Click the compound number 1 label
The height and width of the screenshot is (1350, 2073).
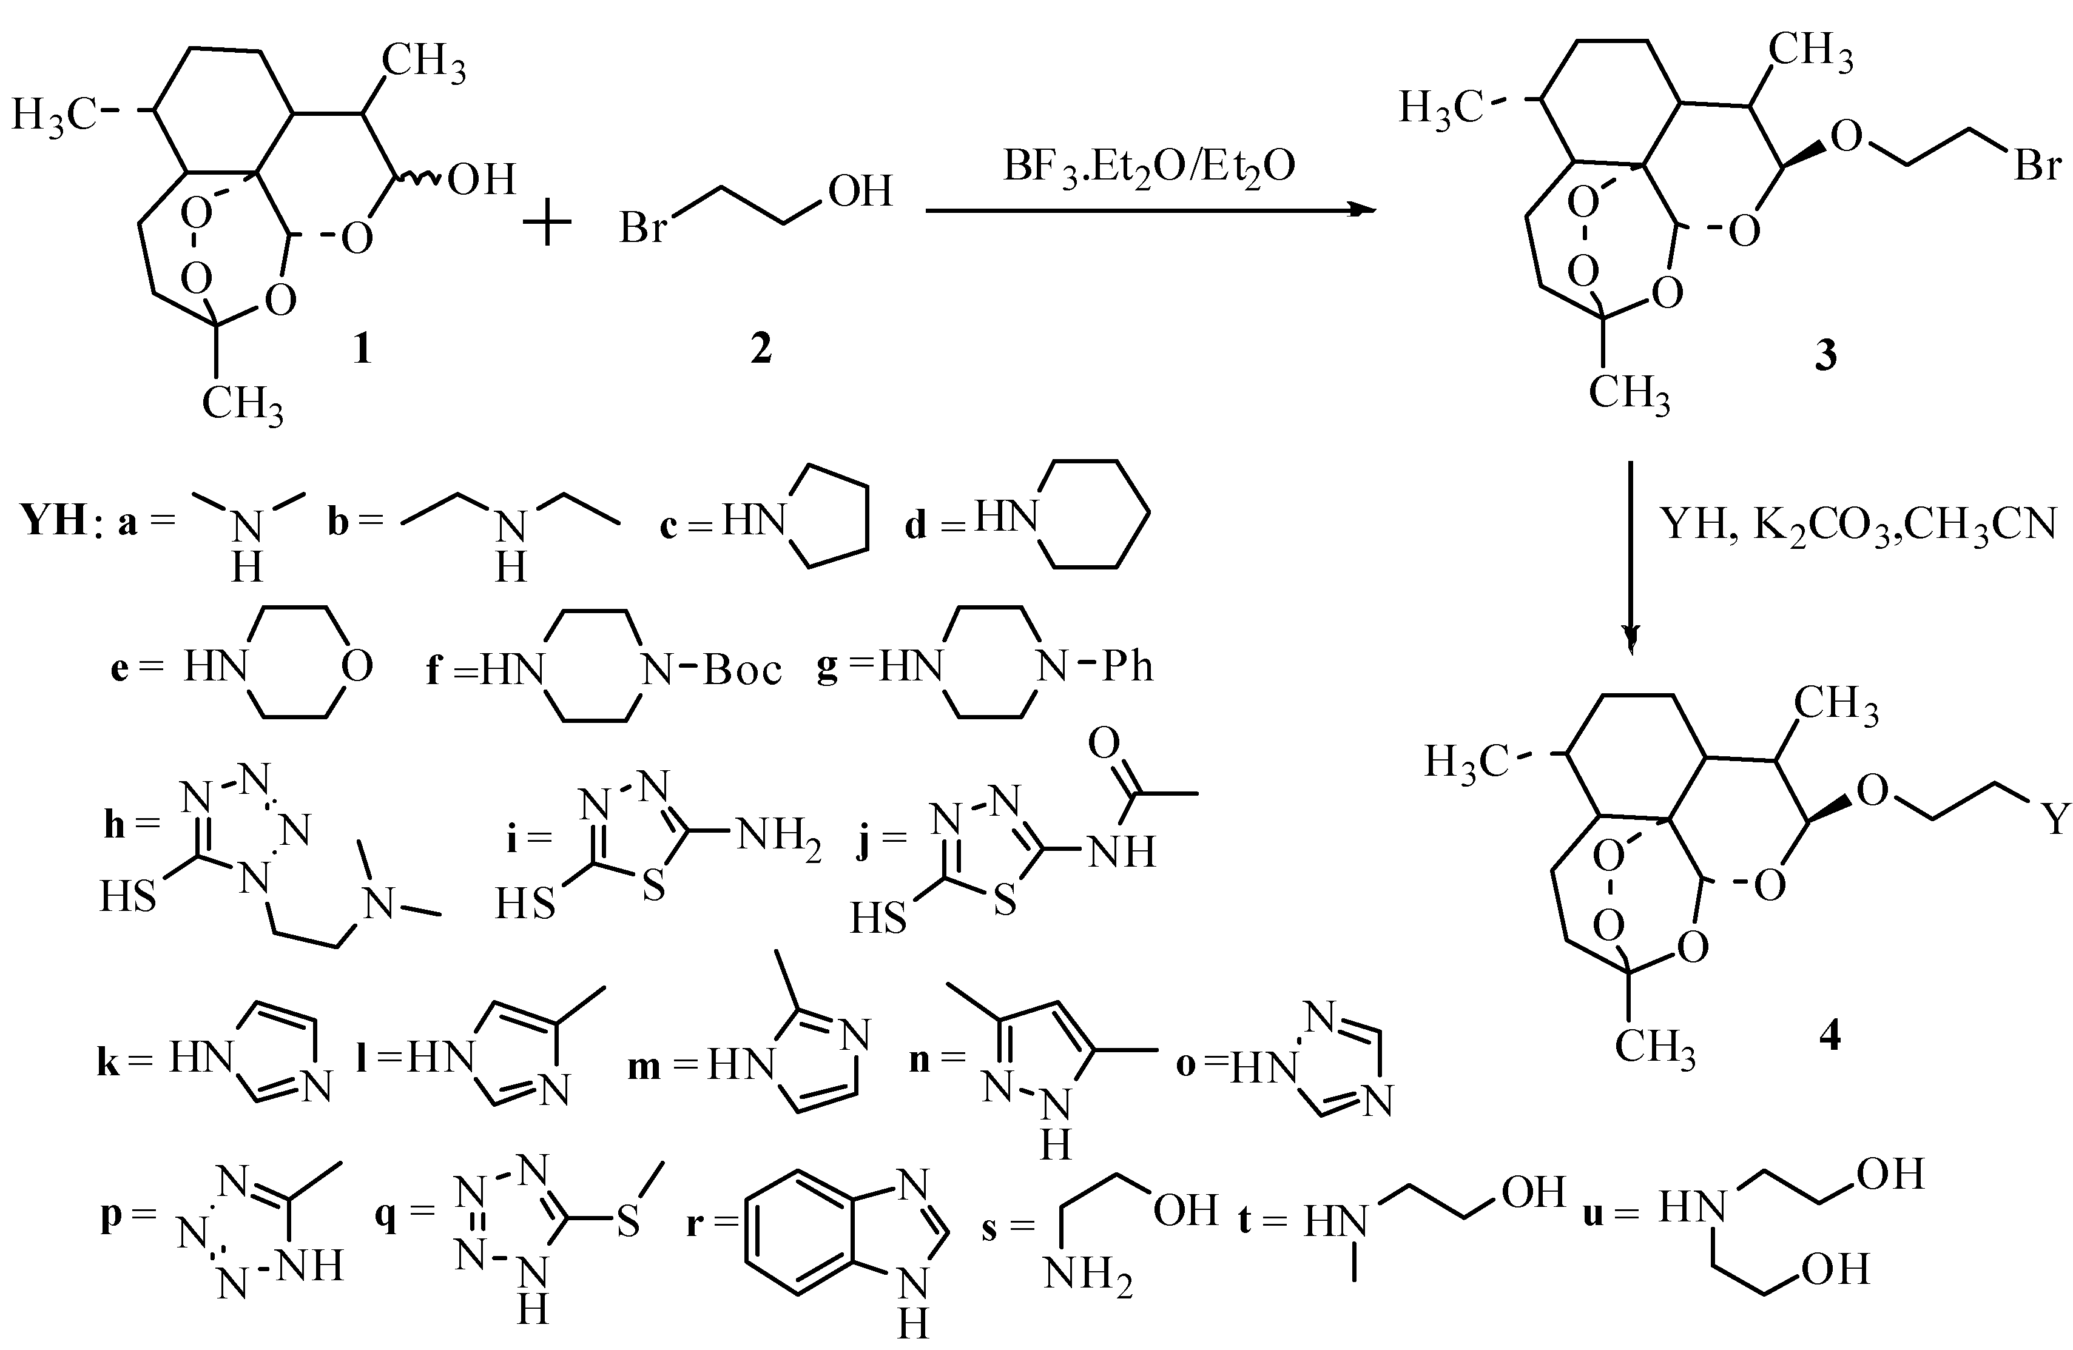point(360,349)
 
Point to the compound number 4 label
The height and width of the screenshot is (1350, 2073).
point(1829,1036)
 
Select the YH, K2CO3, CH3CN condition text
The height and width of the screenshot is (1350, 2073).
point(1859,523)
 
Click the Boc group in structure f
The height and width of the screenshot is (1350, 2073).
point(742,669)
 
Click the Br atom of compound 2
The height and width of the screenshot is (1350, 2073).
point(644,228)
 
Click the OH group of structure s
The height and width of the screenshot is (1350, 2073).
point(1185,1210)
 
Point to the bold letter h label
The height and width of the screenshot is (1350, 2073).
point(114,824)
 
